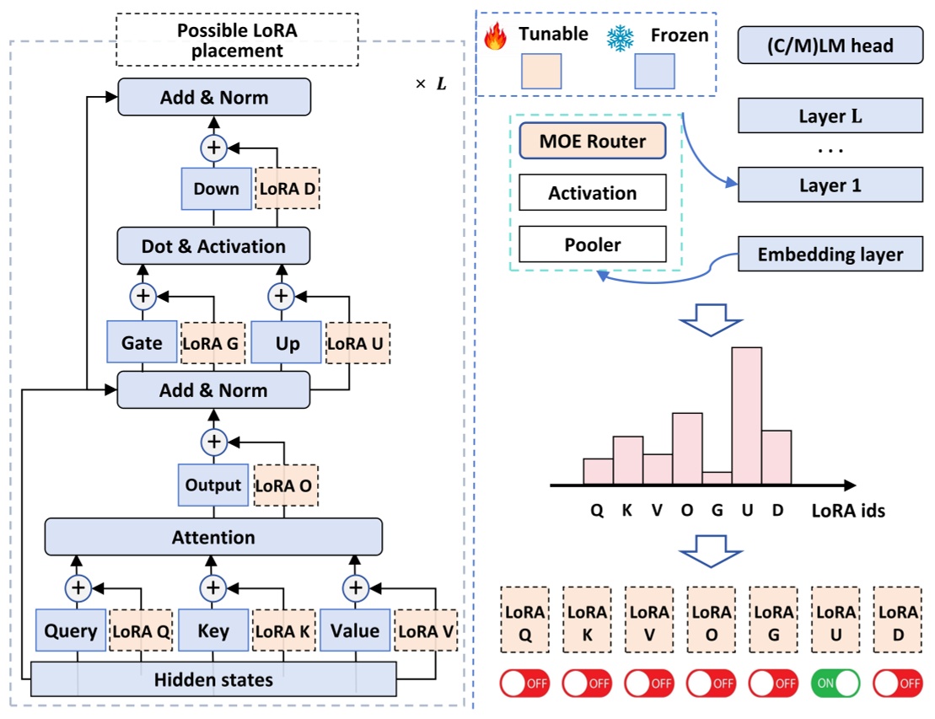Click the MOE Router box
point(593,142)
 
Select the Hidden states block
point(213,679)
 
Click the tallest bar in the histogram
point(746,416)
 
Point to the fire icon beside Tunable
point(497,36)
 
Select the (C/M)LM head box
point(830,46)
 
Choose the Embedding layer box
point(830,254)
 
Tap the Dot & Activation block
point(214,246)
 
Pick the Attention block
point(213,537)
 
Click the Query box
point(72,631)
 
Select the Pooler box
point(593,244)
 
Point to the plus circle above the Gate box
point(142,296)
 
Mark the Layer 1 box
point(830,185)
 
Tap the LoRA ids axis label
point(847,510)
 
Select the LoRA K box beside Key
point(284,631)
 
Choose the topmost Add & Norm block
point(214,97)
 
